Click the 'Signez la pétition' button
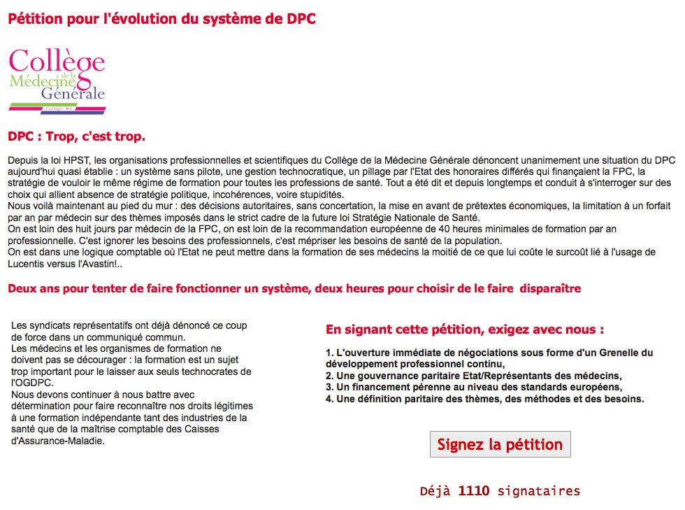[x=500, y=444]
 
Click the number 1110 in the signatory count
[x=473, y=491]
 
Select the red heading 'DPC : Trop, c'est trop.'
[x=76, y=135]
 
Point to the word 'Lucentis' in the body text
[x=25, y=264]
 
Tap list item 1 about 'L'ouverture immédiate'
[x=489, y=358]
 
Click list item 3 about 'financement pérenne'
[x=474, y=387]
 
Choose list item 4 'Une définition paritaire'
[x=484, y=399]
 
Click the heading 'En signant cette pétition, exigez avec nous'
[x=465, y=330]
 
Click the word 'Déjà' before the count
[x=435, y=491]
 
